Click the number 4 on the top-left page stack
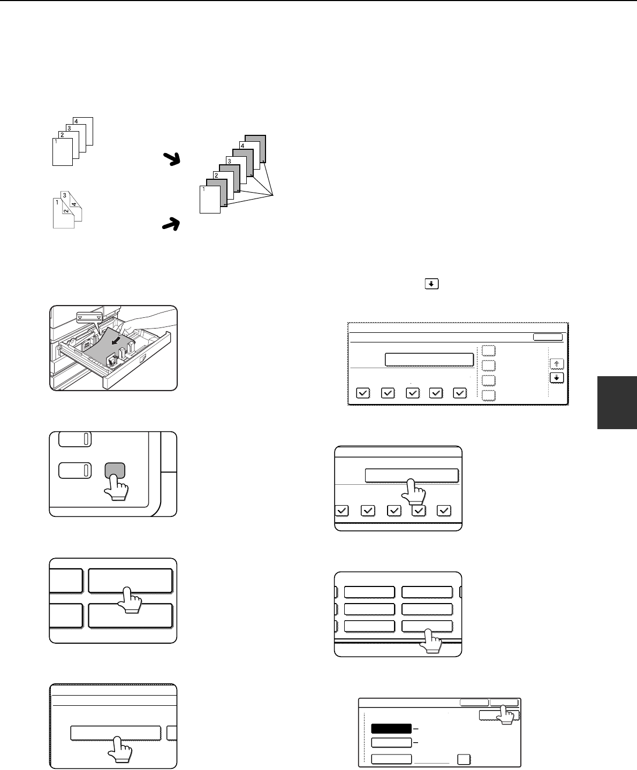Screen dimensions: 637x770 [76, 121]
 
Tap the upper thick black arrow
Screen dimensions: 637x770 [172, 159]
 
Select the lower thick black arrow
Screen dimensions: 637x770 [171, 224]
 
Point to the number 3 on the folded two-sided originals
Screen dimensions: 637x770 [65, 195]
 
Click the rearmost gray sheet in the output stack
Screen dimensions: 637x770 [255, 149]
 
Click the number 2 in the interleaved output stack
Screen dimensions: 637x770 [216, 176]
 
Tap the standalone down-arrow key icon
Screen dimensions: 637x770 [431, 284]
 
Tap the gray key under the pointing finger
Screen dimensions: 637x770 [115, 470]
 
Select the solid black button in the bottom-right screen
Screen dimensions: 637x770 [391, 728]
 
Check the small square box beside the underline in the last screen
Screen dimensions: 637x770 [464, 759]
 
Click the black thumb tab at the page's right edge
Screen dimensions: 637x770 [617, 402]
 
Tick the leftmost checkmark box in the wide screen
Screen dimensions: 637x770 [363, 393]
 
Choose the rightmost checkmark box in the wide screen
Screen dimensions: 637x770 [460, 393]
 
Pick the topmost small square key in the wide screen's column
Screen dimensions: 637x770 [489, 350]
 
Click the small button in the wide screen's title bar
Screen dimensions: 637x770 [548, 337]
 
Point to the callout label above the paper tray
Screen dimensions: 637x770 [89, 317]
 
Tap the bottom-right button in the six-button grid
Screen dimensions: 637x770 [427, 626]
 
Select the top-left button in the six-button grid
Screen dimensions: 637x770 [369, 592]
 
